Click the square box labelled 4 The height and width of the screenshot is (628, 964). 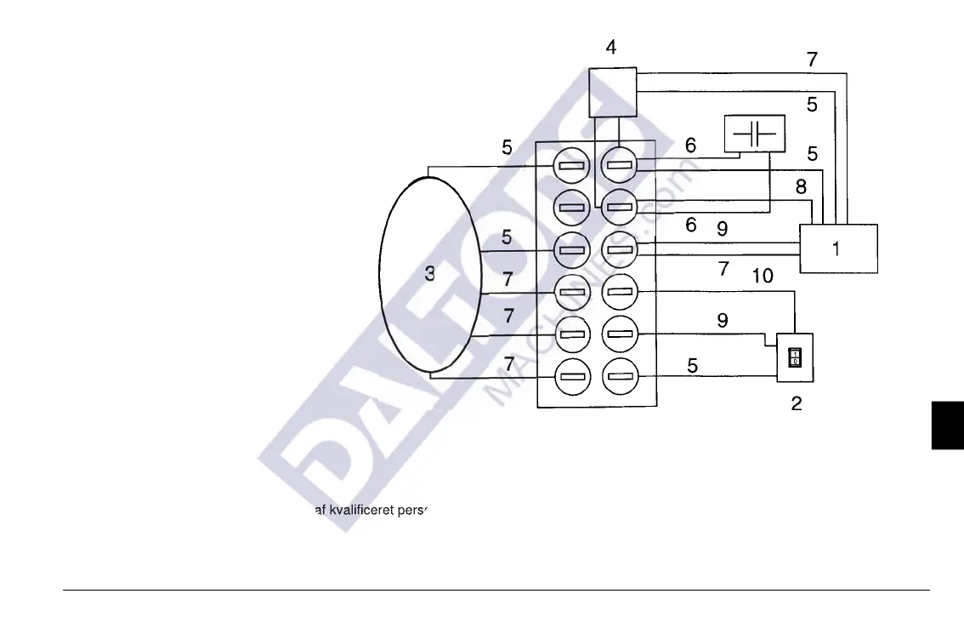(x=613, y=92)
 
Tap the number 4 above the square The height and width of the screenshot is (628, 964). (x=611, y=48)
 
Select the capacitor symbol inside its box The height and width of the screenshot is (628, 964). (x=754, y=134)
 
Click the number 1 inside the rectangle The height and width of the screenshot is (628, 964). (x=836, y=249)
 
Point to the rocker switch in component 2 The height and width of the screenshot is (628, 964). (x=795, y=357)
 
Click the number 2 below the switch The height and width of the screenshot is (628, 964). (x=797, y=403)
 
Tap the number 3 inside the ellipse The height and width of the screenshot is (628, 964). (x=430, y=273)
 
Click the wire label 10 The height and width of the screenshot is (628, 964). (x=762, y=277)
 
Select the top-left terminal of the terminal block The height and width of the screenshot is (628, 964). (x=571, y=165)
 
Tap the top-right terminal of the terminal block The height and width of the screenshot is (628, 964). (x=619, y=164)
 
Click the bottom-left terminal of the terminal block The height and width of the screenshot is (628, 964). (x=571, y=375)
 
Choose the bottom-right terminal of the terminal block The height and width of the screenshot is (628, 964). (x=619, y=375)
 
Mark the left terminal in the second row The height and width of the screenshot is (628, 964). (x=571, y=207)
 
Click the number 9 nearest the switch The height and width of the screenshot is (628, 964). (x=722, y=321)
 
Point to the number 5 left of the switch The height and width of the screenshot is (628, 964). (x=693, y=366)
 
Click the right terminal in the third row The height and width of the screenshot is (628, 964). (x=619, y=249)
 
